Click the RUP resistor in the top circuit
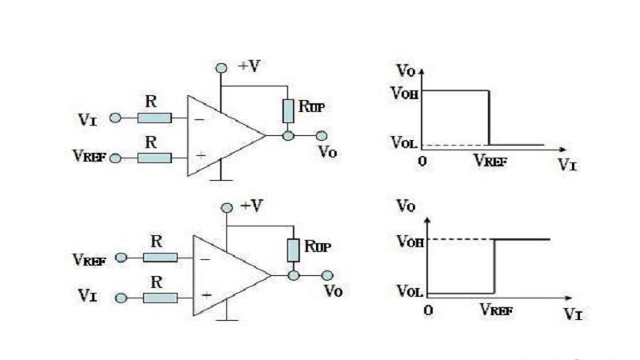pyautogui.click(x=288, y=111)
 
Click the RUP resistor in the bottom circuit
pyautogui.click(x=294, y=250)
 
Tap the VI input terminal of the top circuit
pyautogui.click(x=115, y=118)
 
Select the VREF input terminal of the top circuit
pyautogui.click(x=115, y=158)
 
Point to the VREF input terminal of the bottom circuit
pyautogui.click(x=121, y=258)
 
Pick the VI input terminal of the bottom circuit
pyautogui.click(x=121, y=298)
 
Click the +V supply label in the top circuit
pyautogui.click(x=249, y=66)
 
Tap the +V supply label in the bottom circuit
pyautogui.click(x=251, y=206)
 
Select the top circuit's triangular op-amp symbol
pyautogui.click(x=219, y=136)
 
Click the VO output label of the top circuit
pyautogui.click(x=326, y=150)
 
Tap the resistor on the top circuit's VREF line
pyautogui.click(x=154, y=158)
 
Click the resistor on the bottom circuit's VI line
pyautogui.click(x=159, y=298)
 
